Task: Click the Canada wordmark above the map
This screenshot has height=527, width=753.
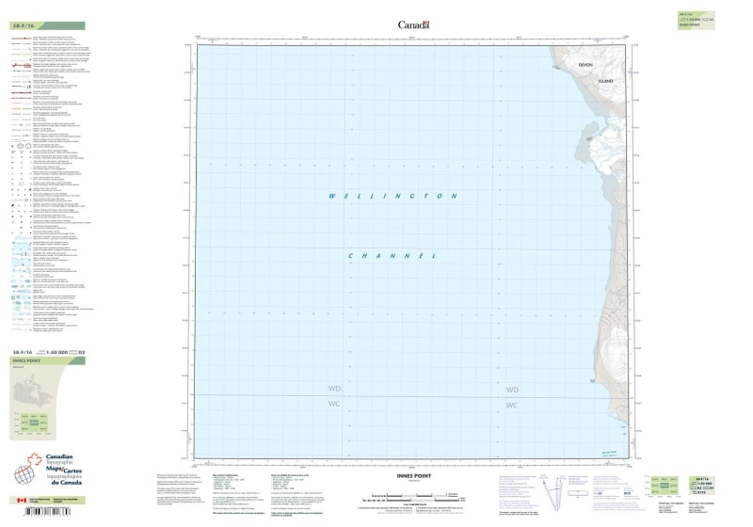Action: [413, 25]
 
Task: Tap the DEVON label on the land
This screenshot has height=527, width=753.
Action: [585, 64]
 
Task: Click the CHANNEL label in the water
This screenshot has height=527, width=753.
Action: [393, 256]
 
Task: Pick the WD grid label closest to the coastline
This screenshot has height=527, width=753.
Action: [512, 390]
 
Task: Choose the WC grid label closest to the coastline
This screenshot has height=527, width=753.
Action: [512, 405]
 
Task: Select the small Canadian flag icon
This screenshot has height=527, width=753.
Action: [21, 502]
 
